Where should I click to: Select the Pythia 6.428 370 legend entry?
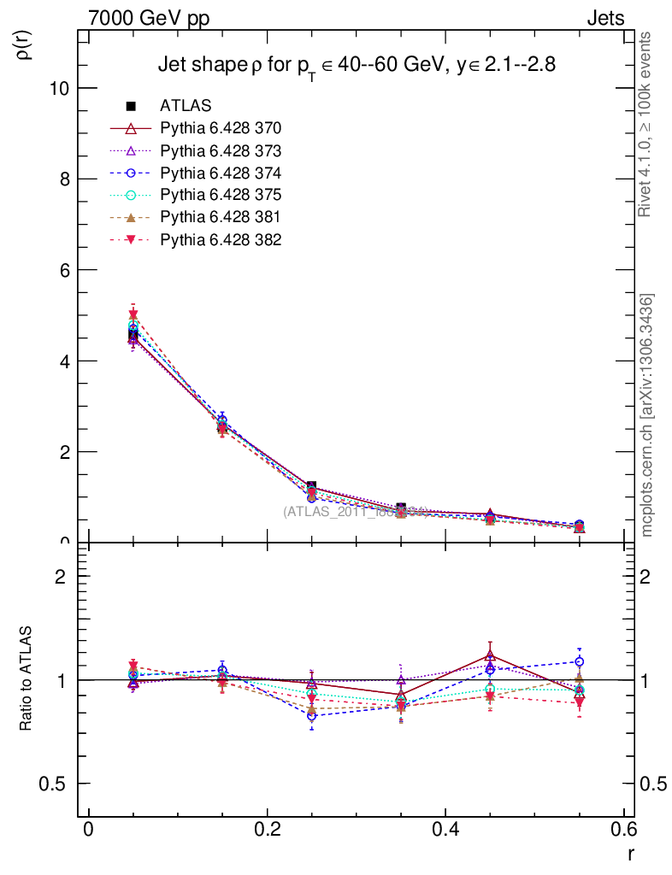(221, 128)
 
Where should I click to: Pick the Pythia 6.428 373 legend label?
(221, 150)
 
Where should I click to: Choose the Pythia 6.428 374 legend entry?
(221, 173)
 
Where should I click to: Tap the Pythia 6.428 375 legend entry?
(221, 195)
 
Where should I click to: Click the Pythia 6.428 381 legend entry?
(221, 217)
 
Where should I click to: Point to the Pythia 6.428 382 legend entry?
(221, 239)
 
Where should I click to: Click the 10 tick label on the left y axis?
(59, 88)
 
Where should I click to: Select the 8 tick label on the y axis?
(64, 179)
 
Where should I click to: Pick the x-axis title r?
(630, 852)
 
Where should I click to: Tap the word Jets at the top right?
(604, 18)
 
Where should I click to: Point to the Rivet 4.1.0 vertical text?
(646, 124)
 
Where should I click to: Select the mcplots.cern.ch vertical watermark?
(647, 415)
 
